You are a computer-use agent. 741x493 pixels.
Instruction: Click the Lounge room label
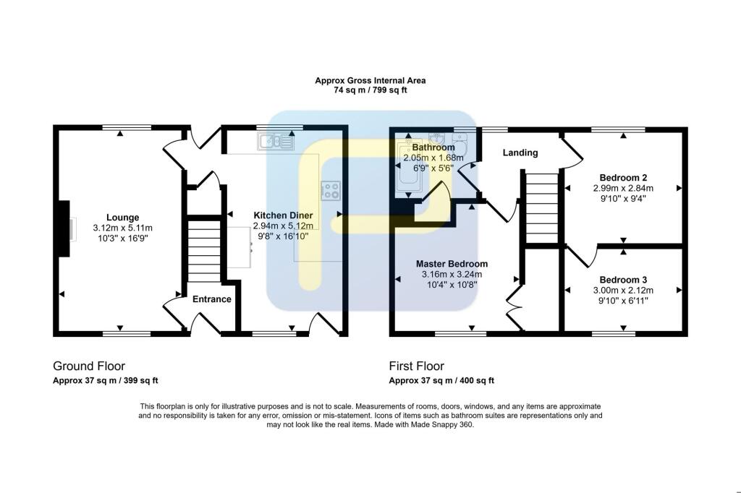(122, 218)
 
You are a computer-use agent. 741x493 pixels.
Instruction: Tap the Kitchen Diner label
(283, 215)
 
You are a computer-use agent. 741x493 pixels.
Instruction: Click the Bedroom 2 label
(623, 178)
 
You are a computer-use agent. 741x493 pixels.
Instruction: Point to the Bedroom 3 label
(623, 280)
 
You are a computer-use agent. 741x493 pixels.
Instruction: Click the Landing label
(520, 153)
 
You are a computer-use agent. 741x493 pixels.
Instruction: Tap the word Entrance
(212, 299)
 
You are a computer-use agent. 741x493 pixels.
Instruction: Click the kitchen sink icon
(275, 142)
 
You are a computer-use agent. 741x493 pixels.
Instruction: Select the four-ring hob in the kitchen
(331, 190)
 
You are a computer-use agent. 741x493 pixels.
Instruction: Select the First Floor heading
(417, 366)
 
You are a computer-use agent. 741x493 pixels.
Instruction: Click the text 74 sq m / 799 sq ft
(370, 91)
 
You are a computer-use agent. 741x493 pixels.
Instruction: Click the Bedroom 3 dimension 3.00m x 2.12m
(623, 290)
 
